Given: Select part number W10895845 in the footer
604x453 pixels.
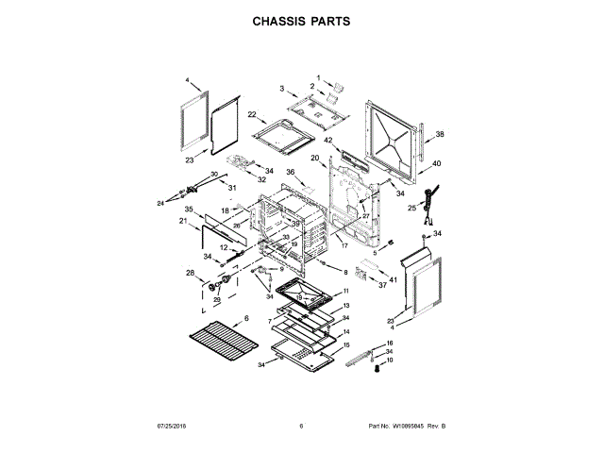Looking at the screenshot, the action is (x=407, y=427).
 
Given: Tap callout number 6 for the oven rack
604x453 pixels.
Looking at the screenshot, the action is (x=246, y=319).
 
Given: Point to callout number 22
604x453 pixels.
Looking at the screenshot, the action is (x=252, y=114).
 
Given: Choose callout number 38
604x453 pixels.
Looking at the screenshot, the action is (x=439, y=134).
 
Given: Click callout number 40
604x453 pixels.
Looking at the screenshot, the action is (x=436, y=163).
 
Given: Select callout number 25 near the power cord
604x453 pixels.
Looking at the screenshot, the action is (x=411, y=207).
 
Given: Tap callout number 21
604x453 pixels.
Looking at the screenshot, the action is (x=183, y=221).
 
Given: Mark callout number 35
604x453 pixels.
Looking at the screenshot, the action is (x=189, y=209).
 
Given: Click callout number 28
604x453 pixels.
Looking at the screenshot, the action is (x=191, y=274).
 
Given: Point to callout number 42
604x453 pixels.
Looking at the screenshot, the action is (x=328, y=142).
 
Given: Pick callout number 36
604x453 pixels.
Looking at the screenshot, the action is (x=291, y=173).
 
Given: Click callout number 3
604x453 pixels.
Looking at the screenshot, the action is (x=282, y=88).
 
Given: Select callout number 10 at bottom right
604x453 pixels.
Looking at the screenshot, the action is (x=390, y=361).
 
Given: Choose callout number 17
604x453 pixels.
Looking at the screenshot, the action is (x=345, y=245).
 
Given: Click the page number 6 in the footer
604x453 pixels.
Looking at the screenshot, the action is (x=301, y=427).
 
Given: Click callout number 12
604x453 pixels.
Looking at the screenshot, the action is (x=224, y=247).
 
